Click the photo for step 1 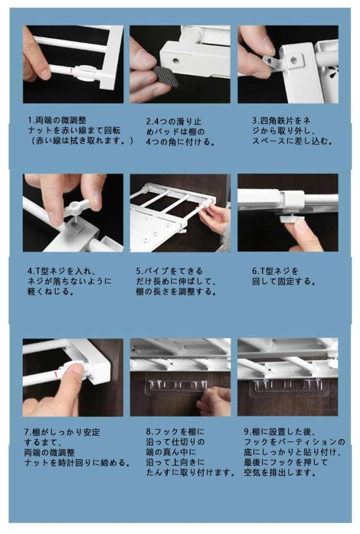(x=73, y=64)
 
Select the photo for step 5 (x=180, y=213)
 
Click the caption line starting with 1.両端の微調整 (x=57, y=120)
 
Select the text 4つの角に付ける (x=181, y=142)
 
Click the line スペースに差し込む (x=292, y=141)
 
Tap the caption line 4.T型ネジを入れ (x=61, y=271)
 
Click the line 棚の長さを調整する (x=176, y=292)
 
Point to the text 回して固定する (x=283, y=281)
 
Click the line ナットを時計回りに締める (x=77, y=463)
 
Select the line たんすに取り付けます (x=190, y=472)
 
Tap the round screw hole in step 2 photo (x=175, y=62)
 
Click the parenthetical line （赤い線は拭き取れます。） (x=81, y=141)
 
